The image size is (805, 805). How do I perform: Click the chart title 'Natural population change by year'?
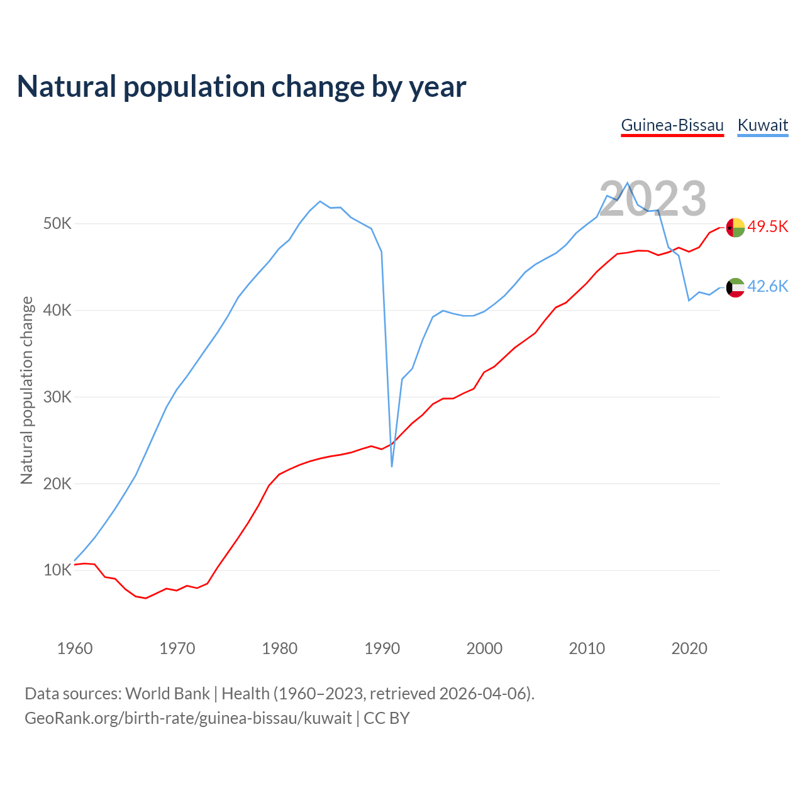[241, 87]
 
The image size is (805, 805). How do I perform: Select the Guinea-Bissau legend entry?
[672, 125]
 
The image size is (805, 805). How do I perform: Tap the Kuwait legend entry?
[762, 125]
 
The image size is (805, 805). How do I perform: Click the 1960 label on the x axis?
[75, 648]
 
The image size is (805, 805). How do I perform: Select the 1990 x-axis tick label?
[382, 648]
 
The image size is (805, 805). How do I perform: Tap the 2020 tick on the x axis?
[689, 648]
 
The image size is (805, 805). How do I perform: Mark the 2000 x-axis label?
[484, 648]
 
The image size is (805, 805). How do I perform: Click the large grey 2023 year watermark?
[653, 199]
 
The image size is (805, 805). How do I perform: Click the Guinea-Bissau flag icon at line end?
[735, 227]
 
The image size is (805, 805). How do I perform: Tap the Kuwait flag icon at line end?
[735, 287]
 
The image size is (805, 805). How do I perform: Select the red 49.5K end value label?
[768, 227]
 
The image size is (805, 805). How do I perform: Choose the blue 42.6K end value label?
[768, 287]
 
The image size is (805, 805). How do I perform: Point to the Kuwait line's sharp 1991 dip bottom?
[392, 466]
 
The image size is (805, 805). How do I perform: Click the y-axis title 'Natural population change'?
[27, 391]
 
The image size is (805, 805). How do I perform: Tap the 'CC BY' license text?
[387, 718]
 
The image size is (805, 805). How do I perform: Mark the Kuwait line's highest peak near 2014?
[628, 183]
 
